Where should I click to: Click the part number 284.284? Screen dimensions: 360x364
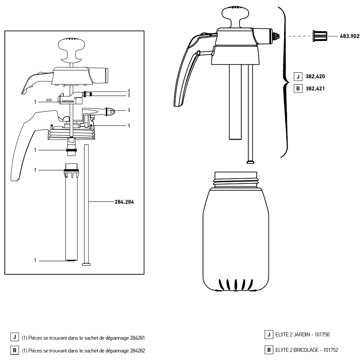[x=124, y=202]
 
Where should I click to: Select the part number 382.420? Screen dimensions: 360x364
[x=315, y=77]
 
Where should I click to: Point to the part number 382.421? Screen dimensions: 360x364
[x=315, y=89]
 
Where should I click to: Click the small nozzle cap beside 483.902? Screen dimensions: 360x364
[x=319, y=36]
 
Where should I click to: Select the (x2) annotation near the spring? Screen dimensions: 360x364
[x=49, y=100]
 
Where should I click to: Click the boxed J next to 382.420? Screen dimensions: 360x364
[x=298, y=77]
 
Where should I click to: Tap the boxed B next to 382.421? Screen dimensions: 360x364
[x=298, y=89]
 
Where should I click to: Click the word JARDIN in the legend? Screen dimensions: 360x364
[x=297, y=335]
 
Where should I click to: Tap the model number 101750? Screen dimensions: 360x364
[x=322, y=335]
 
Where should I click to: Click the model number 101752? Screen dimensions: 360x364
[x=330, y=350]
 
